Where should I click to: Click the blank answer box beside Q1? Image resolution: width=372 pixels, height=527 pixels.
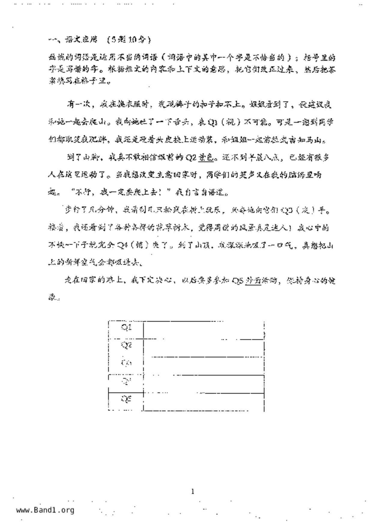pyautogui.click(x=204, y=330)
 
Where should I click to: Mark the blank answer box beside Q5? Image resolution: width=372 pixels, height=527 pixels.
pyautogui.click(x=204, y=401)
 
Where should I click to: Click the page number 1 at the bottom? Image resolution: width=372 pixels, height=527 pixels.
pyautogui.click(x=193, y=492)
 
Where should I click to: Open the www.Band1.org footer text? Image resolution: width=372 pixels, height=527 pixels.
pyautogui.click(x=45, y=510)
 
